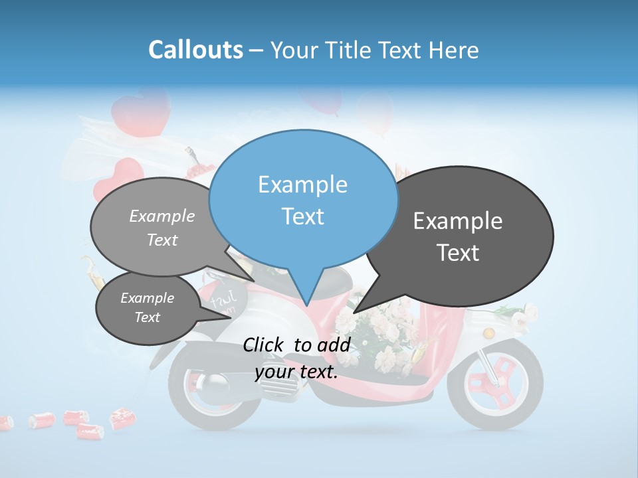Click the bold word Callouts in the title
195,50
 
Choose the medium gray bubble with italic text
156,226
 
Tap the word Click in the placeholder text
265,345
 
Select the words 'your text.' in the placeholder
296,372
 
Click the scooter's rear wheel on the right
495,384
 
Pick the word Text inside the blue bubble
302,216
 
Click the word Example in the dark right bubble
457,221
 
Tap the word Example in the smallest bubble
147,298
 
